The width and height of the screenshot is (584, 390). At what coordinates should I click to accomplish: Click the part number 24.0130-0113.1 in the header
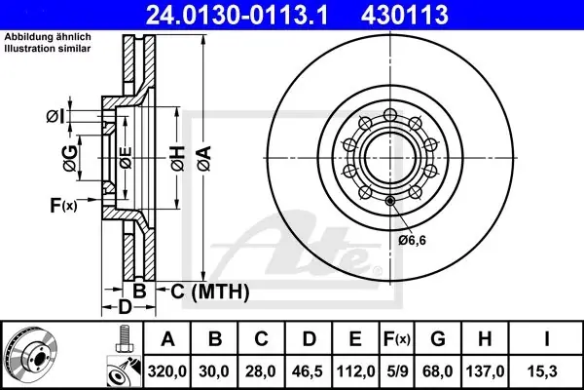[x=237, y=15]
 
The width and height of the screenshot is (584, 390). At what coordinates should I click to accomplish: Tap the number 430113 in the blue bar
[x=405, y=15]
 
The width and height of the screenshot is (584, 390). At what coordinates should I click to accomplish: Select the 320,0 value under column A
[x=166, y=371]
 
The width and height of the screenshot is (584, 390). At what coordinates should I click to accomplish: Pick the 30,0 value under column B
[x=214, y=371]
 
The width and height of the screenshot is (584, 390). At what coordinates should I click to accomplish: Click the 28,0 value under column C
[x=260, y=371]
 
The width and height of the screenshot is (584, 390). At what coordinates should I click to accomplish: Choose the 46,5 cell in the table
[x=308, y=371]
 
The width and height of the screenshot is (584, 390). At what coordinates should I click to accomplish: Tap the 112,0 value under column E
[x=355, y=371]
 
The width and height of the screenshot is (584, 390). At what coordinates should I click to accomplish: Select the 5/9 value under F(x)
[x=396, y=371]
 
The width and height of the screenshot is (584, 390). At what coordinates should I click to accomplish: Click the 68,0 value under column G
[x=437, y=371]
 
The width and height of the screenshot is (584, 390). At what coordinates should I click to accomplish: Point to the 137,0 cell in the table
[x=485, y=371]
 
